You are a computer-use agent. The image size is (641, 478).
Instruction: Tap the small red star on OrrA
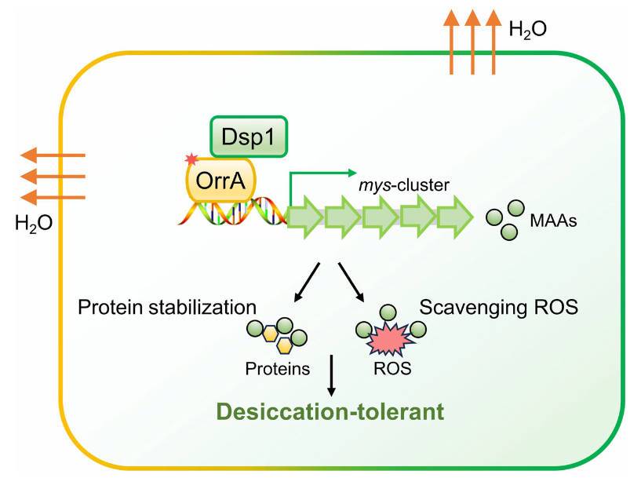point(190,160)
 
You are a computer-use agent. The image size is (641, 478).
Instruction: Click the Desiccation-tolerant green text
point(319,411)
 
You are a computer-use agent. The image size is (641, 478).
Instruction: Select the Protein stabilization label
point(168,305)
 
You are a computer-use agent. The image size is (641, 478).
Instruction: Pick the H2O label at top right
point(527,31)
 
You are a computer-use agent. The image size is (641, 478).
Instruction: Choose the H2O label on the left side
point(34,224)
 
